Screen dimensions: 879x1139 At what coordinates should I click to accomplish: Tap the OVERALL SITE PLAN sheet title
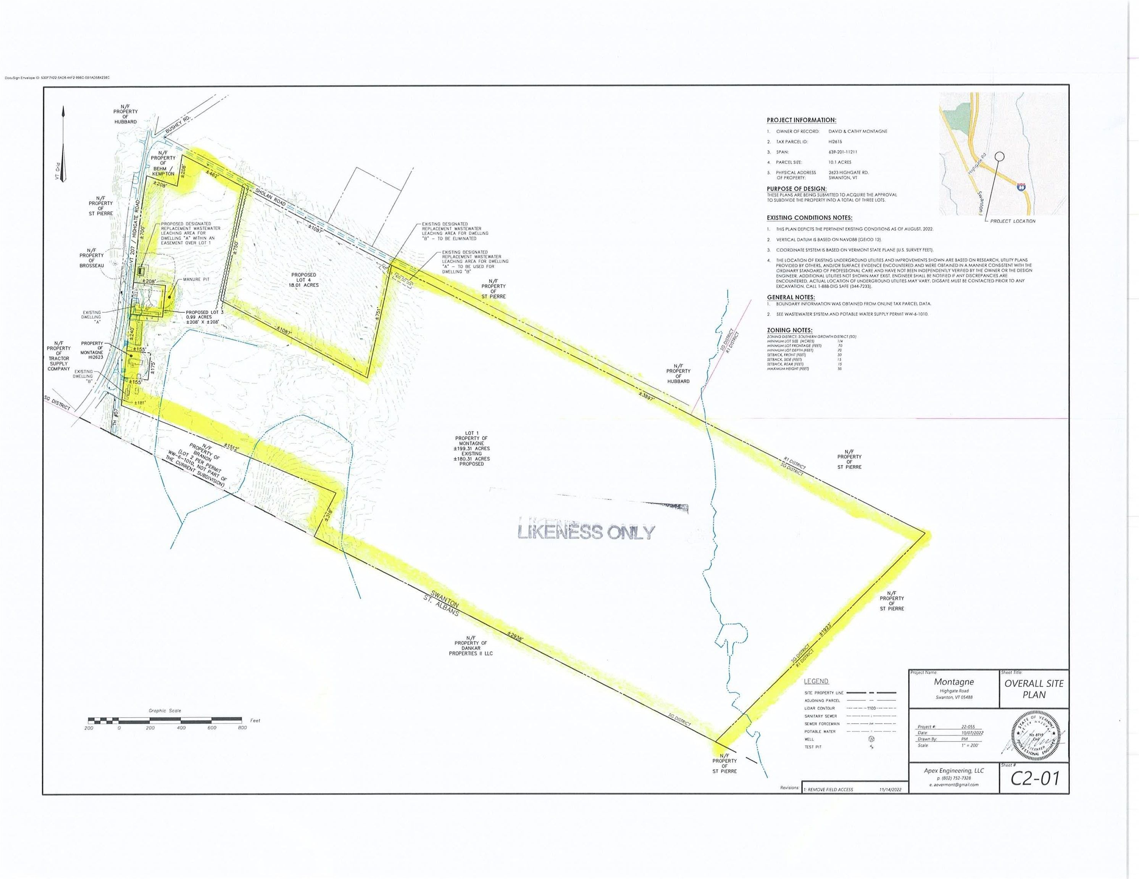pyautogui.click(x=1034, y=689)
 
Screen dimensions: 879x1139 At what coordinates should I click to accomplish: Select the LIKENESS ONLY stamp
pyautogui.click(x=586, y=531)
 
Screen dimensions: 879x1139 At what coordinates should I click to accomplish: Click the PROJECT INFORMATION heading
pyautogui.click(x=801, y=120)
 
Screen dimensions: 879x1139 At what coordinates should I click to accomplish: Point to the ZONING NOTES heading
pyautogui.click(x=789, y=330)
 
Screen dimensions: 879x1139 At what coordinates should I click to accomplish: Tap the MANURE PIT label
pyautogui.click(x=196, y=279)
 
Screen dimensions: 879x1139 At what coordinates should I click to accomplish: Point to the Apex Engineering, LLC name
pyautogui.click(x=953, y=771)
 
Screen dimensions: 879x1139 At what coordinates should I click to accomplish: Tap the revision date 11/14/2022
pyautogui.click(x=890, y=789)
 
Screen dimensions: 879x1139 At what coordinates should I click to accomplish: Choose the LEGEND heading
pyautogui.click(x=816, y=681)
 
